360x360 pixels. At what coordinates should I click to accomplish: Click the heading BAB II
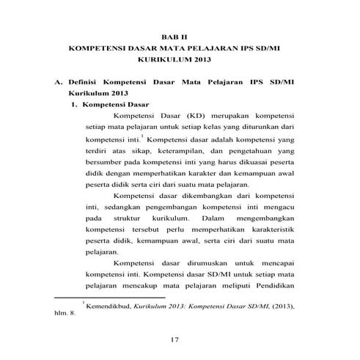tap(180, 35)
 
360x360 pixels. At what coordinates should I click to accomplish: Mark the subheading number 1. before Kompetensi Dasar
tap(76, 105)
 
